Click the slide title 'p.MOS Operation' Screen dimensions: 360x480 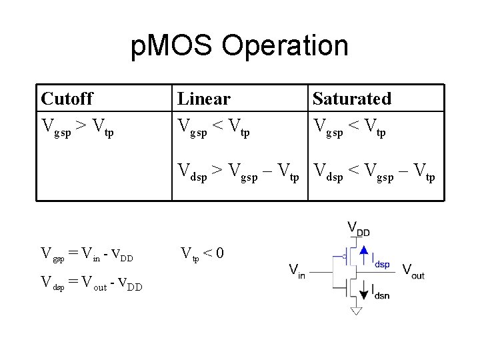coord(239,46)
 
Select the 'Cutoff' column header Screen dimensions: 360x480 coord(67,99)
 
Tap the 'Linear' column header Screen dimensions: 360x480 coord(203,99)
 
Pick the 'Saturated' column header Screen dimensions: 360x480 coord(351,99)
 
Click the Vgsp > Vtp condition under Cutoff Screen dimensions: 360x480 coord(77,126)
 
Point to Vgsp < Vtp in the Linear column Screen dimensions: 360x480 coord(213,126)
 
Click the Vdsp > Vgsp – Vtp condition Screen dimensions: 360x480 coord(238,173)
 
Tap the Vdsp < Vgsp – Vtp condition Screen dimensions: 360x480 coord(374,173)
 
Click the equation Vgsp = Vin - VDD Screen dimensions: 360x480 coord(87,254)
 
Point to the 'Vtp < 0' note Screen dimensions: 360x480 coord(203,254)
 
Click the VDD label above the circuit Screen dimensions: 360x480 coord(358,229)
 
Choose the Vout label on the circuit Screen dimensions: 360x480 coord(413,271)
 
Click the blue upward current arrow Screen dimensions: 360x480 coord(364,254)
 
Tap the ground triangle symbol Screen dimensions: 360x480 coord(356,311)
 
